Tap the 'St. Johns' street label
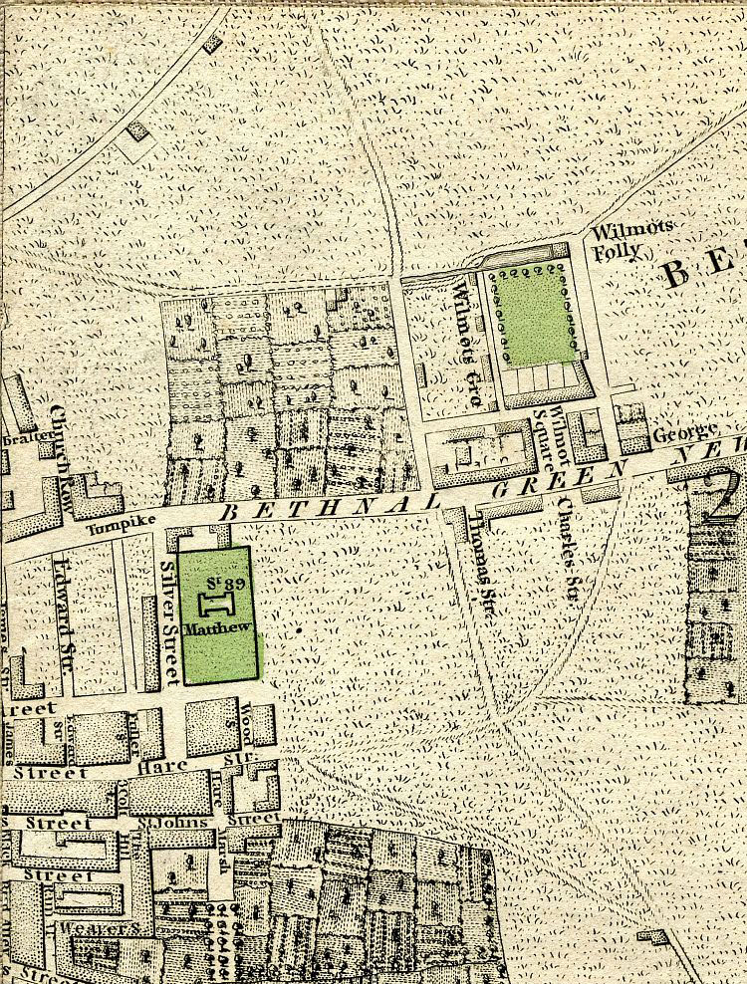pyautogui.click(x=159, y=822)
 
